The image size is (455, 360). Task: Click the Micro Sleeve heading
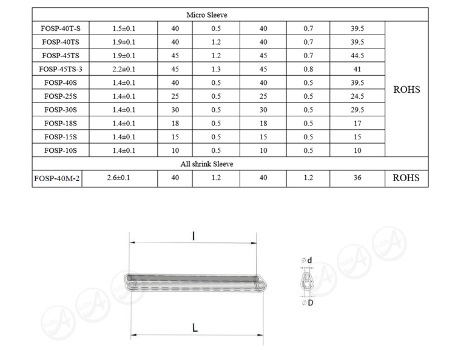(207, 15)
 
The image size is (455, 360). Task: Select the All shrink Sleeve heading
(207, 164)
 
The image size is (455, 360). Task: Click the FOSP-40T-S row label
(61, 28)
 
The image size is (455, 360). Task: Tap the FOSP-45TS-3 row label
(61, 69)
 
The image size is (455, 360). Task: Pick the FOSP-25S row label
(61, 96)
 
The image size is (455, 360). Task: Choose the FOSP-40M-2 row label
(56, 178)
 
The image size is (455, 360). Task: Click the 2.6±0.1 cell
(120, 178)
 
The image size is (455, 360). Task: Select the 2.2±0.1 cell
(124, 69)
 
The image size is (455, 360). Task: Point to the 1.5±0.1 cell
(124, 28)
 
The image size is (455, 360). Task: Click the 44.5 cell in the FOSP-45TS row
(357, 56)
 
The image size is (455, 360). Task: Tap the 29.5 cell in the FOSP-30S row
(357, 110)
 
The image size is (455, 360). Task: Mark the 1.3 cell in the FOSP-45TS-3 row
(216, 69)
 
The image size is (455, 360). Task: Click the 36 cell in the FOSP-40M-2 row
(357, 178)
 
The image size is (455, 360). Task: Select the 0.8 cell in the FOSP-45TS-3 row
(308, 69)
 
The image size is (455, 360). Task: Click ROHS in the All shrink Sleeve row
(406, 178)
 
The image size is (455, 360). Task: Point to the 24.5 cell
(357, 96)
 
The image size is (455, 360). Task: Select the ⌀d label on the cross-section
(306, 261)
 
